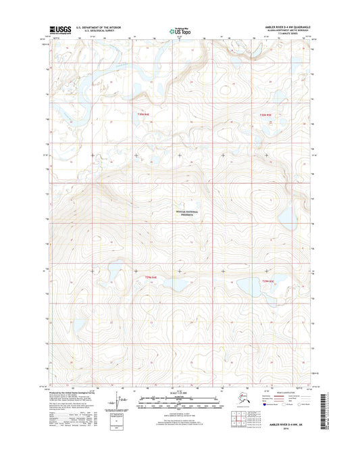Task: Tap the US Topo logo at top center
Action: (x=179, y=30)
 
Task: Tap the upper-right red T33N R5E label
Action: (x=265, y=115)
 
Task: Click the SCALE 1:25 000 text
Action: (x=179, y=393)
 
